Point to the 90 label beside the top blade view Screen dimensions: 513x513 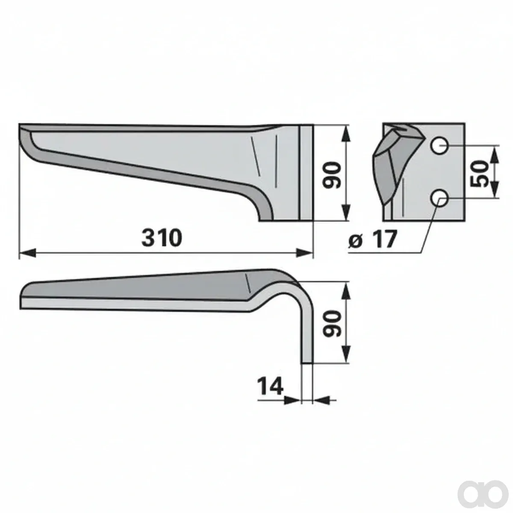[331, 175]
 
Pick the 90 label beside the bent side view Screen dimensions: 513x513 [331, 324]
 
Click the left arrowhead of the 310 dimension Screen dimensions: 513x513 [28, 253]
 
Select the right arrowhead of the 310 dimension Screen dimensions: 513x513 [304, 253]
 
